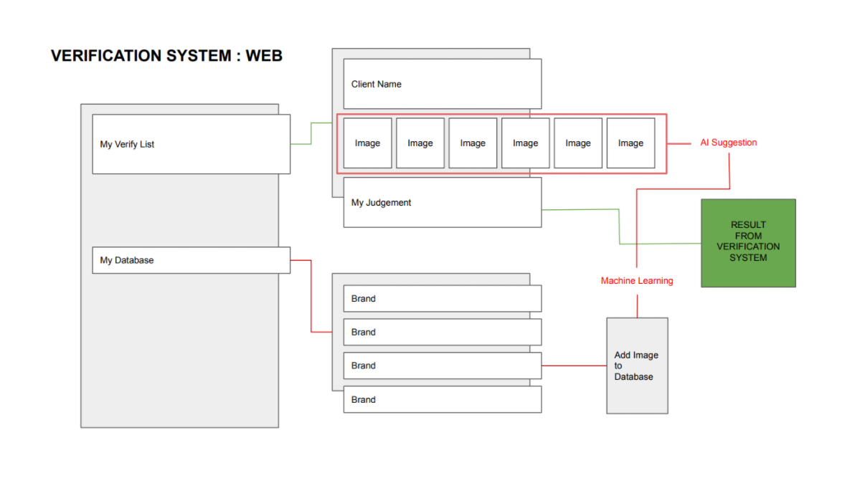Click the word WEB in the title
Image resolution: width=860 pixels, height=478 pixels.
pos(264,56)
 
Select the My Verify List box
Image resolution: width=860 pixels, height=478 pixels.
pos(191,144)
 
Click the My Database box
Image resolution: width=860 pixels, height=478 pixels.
pos(191,260)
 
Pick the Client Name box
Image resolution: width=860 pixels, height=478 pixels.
pos(442,84)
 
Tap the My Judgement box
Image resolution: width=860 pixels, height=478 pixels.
pos(442,203)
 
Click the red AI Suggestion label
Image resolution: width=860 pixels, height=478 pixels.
pos(728,143)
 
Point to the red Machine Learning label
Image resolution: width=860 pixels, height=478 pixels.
pos(636,281)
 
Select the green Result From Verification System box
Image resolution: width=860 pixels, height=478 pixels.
pos(748,242)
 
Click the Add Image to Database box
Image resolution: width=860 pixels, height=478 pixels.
pos(637,365)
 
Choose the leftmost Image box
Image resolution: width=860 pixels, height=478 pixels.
pos(367,143)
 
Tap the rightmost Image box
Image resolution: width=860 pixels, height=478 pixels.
pos(630,143)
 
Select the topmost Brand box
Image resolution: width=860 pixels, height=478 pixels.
pos(442,299)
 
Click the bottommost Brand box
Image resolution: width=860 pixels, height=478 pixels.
pos(442,400)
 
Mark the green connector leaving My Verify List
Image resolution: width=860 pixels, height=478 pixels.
pos(311,133)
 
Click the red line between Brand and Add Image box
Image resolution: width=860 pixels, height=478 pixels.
pos(574,365)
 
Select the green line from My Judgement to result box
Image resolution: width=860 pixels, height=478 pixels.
pos(619,226)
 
